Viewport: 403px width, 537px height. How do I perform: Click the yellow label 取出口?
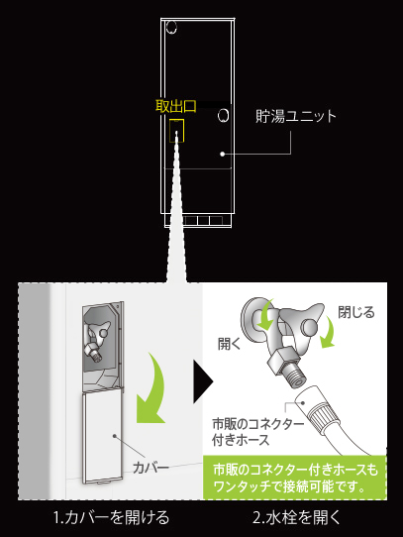[176, 107]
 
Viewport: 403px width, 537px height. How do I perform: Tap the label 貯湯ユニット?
[296, 116]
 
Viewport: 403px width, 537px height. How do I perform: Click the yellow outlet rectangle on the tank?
[177, 131]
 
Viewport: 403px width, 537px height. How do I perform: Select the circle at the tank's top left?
[171, 27]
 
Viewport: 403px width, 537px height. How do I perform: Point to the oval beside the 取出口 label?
[223, 115]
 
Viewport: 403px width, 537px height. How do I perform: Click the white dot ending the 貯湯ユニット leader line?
[223, 155]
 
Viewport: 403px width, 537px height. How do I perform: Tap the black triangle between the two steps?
[203, 381]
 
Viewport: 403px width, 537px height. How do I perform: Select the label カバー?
[151, 468]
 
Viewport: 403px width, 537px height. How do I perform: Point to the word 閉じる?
[356, 312]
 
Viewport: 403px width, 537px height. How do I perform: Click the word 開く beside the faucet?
[230, 344]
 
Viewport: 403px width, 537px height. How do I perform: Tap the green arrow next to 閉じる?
[328, 332]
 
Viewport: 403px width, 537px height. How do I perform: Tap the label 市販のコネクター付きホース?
[257, 432]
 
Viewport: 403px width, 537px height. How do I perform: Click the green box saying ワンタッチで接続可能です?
[295, 478]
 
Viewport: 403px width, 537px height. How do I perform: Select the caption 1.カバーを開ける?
[112, 517]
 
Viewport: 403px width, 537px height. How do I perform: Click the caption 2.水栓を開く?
[296, 517]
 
